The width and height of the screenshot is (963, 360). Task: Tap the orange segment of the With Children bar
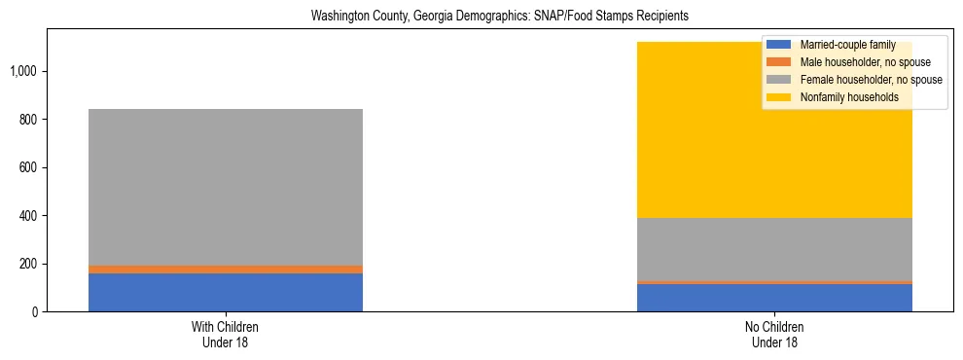226,270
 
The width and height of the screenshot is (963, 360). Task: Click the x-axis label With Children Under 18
226,335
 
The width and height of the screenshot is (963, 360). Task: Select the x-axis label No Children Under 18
774,335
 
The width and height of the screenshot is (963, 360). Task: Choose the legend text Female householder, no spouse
871,80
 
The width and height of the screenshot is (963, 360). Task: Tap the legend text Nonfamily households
848,97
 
